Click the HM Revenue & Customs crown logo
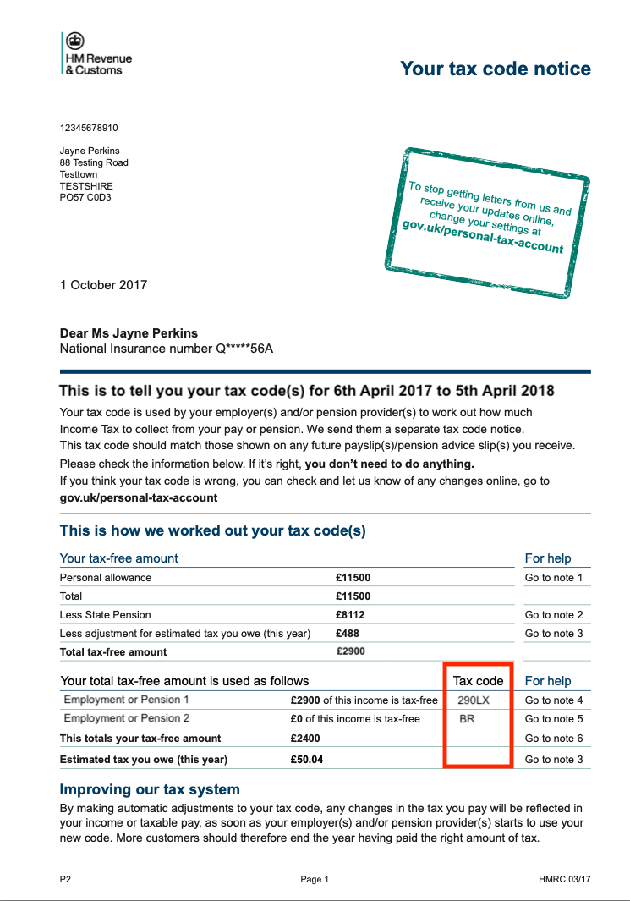pyautogui.click(x=75, y=40)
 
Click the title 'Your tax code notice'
pyautogui.click(x=495, y=69)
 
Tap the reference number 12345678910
pyautogui.click(x=89, y=128)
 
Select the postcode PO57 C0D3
pyautogui.click(x=85, y=197)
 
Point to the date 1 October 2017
pyautogui.click(x=103, y=285)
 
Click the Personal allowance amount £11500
pyautogui.click(x=353, y=578)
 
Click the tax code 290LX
pyautogui.click(x=474, y=700)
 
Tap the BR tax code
pyautogui.click(x=467, y=719)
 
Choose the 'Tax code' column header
pyautogui.click(x=478, y=681)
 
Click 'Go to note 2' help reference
pyautogui.click(x=554, y=615)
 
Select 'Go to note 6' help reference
pyautogui.click(x=554, y=739)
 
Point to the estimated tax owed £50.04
pyautogui.click(x=306, y=760)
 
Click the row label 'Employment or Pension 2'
pyautogui.click(x=127, y=718)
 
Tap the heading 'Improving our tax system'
pyautogui.click(x=150, y=789)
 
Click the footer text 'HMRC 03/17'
pyautogui.click(x=564, y=879)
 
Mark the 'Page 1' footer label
pyautogui.click(x=315, y=879)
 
